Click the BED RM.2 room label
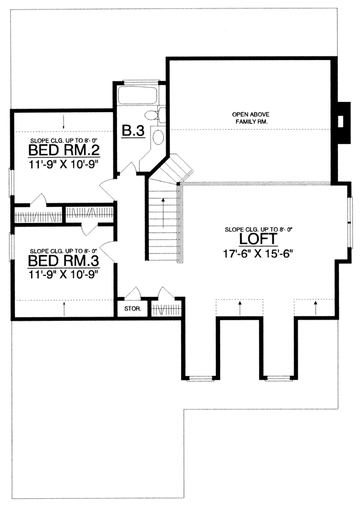64,150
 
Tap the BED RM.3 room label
64,261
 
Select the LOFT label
259,239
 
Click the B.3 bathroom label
133,131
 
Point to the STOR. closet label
133,309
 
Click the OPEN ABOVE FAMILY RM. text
251,118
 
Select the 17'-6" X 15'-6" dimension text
259,254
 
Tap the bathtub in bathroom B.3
137,95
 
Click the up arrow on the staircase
163,213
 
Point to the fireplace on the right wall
344,122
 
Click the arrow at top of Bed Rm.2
64,122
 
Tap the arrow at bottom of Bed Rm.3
64,309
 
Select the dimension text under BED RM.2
64,164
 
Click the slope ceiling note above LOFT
259,230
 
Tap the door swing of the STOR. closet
133,293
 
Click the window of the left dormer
200,378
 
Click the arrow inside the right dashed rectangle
315,308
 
